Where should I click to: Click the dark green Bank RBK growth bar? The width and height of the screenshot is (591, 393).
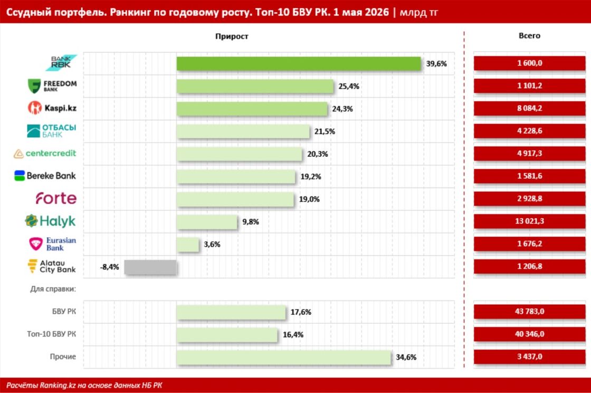(x=299, y=63)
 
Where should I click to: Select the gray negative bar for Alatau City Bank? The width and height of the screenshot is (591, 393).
(x=150, y=267)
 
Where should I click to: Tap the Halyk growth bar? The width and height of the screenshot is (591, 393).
(x=207, y=222)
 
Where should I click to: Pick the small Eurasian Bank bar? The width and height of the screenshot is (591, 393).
(x=188, y=245)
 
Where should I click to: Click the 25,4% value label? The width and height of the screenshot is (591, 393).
(x=349, y=87)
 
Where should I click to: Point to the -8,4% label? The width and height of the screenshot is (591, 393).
(x=109, y=267)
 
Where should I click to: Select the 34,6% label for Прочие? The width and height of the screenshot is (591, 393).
(x=406, y=357)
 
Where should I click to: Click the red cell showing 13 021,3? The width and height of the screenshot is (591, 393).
(x=530, y=221)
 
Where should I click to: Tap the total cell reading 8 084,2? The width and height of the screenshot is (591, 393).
(x=530, y=108)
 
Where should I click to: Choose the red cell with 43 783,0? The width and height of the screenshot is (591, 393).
(x=530, y=312)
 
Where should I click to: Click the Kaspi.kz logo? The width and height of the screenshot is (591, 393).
(x=52, y=108)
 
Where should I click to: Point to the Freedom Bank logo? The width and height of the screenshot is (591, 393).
(x=52, y=86)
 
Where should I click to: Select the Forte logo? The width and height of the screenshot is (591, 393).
(x=56, y=198)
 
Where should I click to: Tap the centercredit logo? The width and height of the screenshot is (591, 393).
(x=45, y=154)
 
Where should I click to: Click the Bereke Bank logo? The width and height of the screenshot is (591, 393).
(x=45, y=176)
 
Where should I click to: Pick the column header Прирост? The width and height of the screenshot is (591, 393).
(x=232, y=36)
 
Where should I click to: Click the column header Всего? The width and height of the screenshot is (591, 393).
(x=530, y=35)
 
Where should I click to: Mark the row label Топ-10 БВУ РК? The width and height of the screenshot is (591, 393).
(x=51, y=334)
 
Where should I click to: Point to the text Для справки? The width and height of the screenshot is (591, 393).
(x=53, y=289)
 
